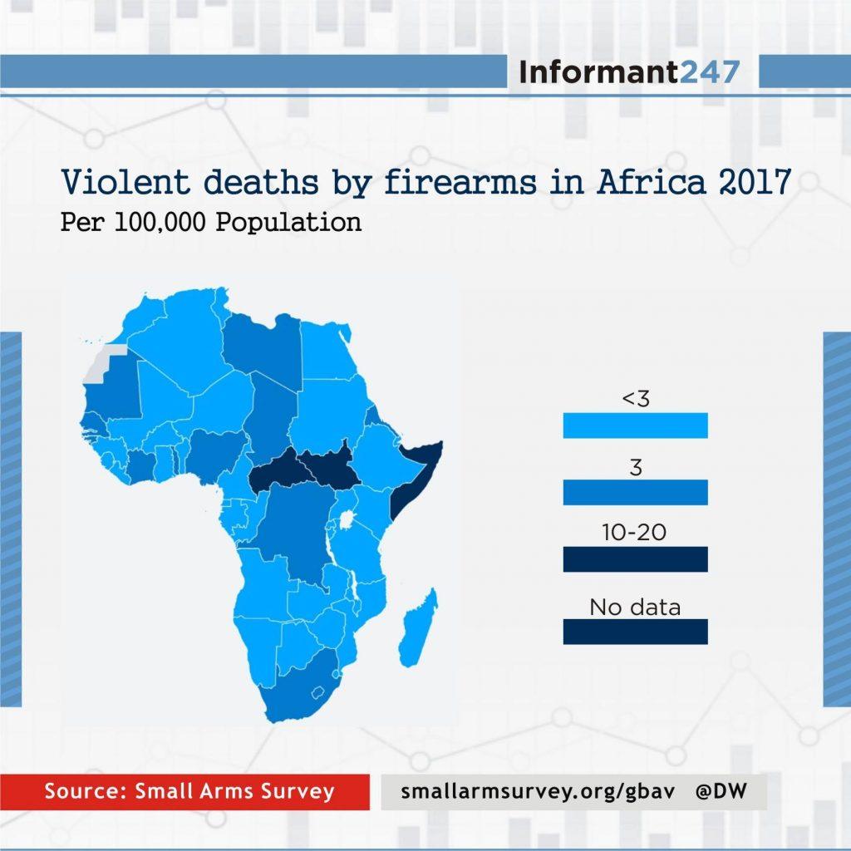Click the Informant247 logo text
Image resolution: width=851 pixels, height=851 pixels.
(x=628, y=72)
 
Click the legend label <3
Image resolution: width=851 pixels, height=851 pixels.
(x=635, y=399)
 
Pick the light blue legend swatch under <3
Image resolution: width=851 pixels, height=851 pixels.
(x=635, y=425)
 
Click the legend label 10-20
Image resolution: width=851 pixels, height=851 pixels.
(x=635, y=533)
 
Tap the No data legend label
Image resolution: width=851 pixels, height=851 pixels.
(x=635, y=607)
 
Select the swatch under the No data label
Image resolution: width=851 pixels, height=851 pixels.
(x=635, y=632)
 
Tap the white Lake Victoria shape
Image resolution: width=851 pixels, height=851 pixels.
(x=342, y=523)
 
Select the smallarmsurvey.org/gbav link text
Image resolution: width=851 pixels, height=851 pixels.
(x=535, y=792)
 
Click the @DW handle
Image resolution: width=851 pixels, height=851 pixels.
(x=721, y=792)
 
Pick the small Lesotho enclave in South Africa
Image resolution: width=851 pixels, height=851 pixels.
(x=316, y=692)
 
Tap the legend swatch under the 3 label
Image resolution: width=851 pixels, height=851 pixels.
(x=635, y=492)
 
